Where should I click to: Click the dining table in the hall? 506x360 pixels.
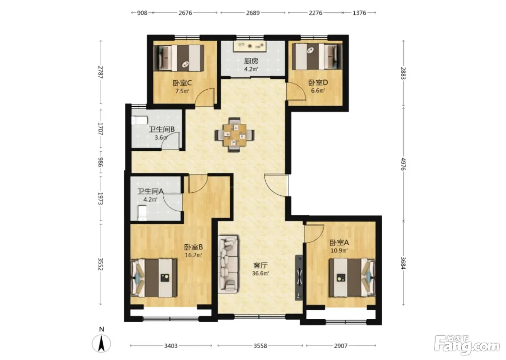(235, 134)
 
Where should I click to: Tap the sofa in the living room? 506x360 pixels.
(228, 264)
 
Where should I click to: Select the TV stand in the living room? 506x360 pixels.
(299, 277)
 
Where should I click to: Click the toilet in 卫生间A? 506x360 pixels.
(142, 213)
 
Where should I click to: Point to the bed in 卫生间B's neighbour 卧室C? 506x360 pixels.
(179, 58)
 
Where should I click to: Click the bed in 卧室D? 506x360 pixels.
(317, 56)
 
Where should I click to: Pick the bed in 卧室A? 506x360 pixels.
(352, 278)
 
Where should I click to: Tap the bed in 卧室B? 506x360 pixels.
(154, 278)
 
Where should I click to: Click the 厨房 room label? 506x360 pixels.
(251, 61)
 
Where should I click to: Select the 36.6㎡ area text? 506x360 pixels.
(260, 273)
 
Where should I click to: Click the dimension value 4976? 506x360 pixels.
(403, 164)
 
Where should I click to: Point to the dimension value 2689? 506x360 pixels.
(253, 13)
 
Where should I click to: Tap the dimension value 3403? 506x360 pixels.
(171, 346)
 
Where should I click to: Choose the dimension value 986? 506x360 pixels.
(101, 162)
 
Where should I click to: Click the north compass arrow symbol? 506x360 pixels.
(101, 343)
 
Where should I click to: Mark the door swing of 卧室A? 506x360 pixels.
(314, 234)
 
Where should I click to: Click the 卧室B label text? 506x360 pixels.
(193, 247)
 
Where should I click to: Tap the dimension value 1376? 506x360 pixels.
(359, 13)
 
